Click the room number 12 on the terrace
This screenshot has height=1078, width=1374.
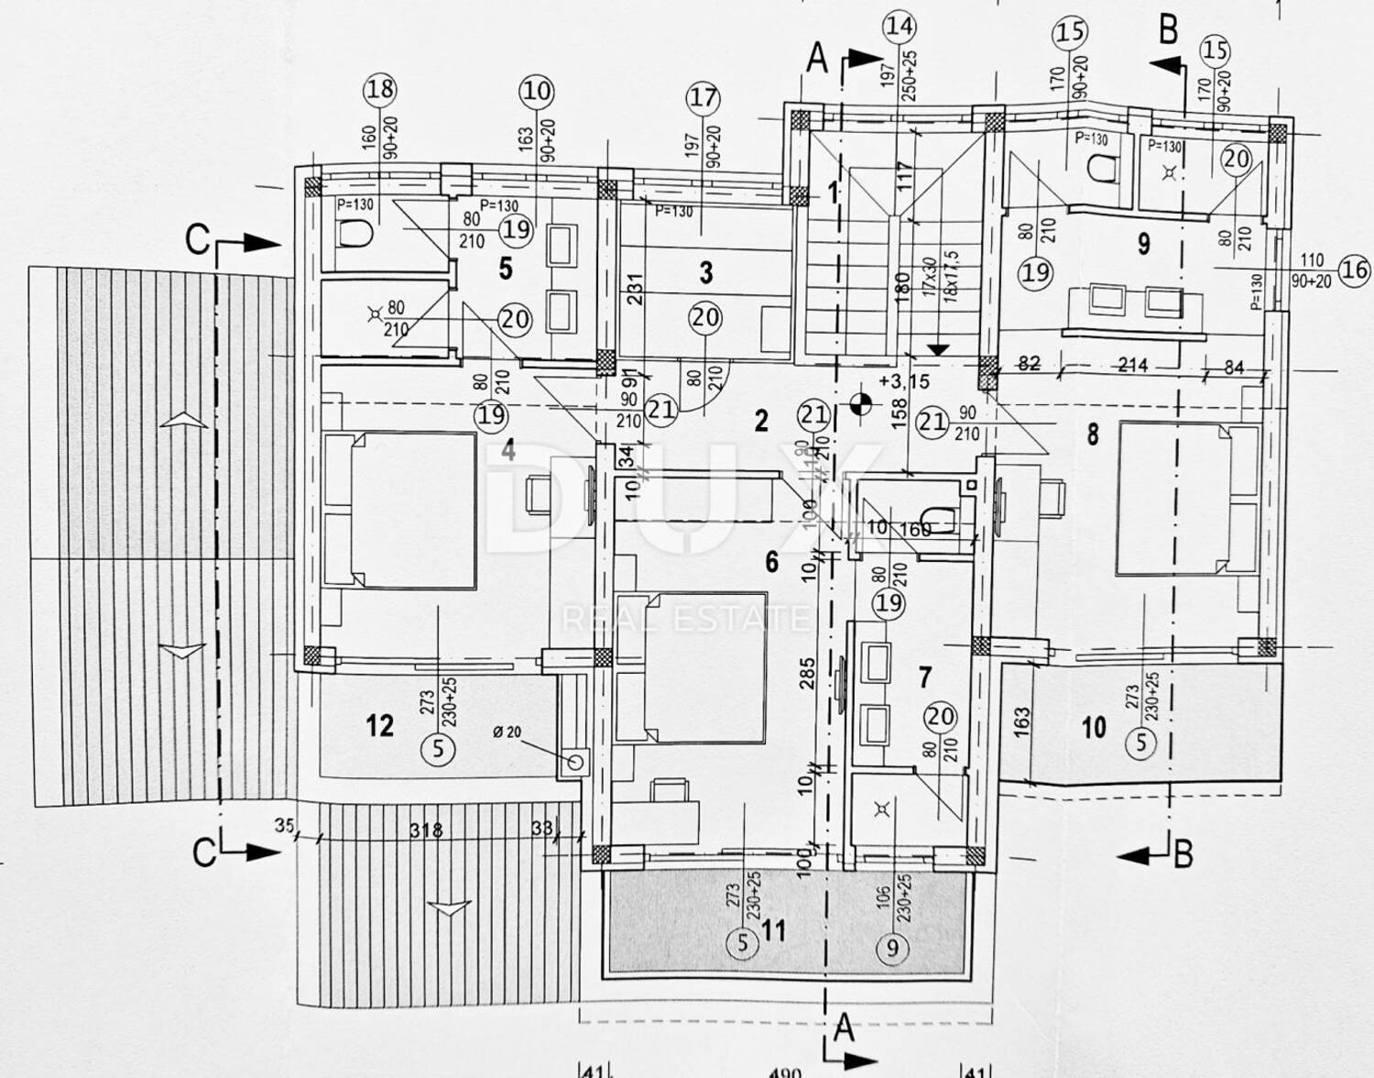(x=379, y=726)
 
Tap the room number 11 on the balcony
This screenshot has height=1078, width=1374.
(x=774, y=932)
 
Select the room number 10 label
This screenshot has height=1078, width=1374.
(x=1094, y=728)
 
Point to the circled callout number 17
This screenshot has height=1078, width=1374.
(x=703, y=98)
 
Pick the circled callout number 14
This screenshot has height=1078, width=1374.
(x=899, y=27)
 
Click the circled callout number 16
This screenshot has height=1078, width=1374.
(x=1354, y=269)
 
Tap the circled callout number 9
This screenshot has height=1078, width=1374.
(x=893, y=948)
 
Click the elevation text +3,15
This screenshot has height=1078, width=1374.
(x=902, y=380)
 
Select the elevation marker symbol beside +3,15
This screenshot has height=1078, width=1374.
(x=859, y=401)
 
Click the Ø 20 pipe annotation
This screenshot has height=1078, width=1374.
(x=506, y=731)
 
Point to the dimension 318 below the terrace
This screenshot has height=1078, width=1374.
(x=426, y=831)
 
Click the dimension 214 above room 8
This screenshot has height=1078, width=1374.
(x=1133, y=364)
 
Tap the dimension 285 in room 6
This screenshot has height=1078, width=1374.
(x=806, y=674)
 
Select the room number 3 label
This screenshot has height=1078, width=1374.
(x=705, y=272)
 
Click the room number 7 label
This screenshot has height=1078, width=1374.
(x=925, y=676)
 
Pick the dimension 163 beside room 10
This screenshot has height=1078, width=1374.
(x=1023, y=720)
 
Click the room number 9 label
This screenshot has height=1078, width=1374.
(x=1143, y=244)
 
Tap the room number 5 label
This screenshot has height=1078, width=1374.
(x=505, y=269)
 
